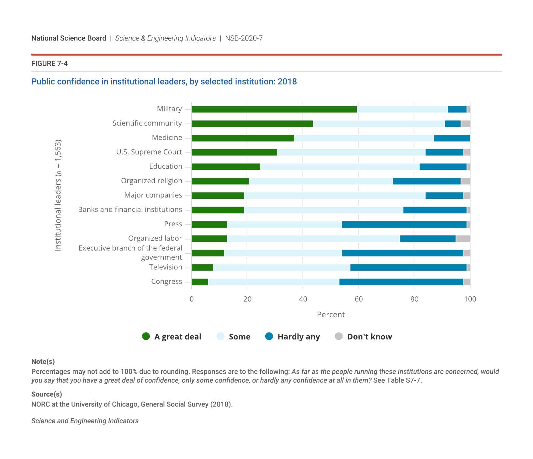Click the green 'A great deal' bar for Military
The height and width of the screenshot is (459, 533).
tap(274, 109)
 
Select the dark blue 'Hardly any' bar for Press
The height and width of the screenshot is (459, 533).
tap(404, 224)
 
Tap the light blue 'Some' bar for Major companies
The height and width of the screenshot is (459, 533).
tap(335, 196)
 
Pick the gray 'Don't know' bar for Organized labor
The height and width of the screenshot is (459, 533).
tap(463, 239)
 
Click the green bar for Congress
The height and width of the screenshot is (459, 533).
tap(200, 282)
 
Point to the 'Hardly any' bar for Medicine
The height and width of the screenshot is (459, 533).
tap(452, 138)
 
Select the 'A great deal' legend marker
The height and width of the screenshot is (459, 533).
tap(146, 337)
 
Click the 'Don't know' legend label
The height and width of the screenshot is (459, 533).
tap(369, 337)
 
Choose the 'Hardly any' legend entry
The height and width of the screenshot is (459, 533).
tap(292, 337)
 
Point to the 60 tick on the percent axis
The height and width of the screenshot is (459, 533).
tap(358, 299)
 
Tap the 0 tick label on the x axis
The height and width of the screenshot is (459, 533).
tap(192, 299)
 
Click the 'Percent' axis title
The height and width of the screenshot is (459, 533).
tap(331, 315)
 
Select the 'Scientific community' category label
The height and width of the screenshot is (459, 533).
tap(147, 123)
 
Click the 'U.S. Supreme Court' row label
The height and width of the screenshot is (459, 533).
tap(149, 152)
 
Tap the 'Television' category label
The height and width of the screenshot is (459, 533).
tap(166, 267)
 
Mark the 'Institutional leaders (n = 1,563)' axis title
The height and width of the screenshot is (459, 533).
tap(58, 195)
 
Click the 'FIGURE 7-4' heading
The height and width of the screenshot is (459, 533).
tap(50, 64)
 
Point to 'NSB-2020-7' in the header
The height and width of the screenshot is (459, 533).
tap(244, 38)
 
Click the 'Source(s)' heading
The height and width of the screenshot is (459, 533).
tap(47, 394)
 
